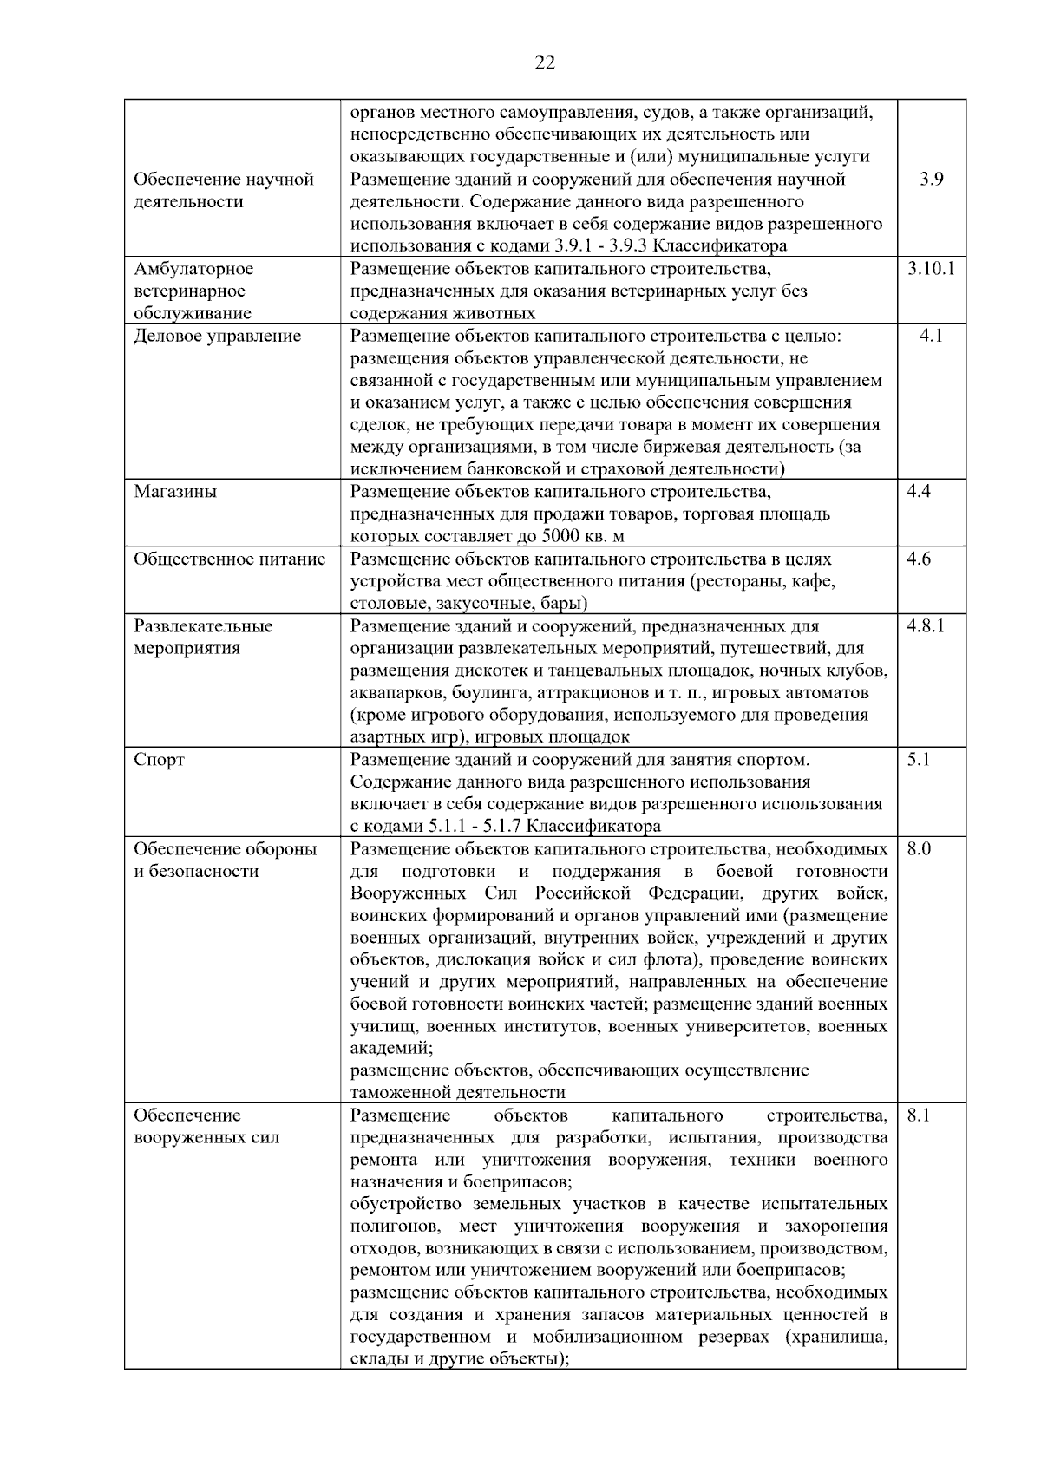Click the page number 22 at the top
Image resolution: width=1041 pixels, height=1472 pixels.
(545, 62)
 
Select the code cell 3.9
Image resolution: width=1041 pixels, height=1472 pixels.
(931, 180)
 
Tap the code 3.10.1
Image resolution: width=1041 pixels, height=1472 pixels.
(931, 269)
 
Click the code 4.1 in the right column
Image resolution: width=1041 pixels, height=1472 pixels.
(931, 336)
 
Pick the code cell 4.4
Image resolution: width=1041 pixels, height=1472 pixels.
(919, 492)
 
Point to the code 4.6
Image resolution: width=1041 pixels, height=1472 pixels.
(919, 559)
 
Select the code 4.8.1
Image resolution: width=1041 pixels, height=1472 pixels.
(925, 625)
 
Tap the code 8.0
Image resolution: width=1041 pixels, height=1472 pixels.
(919, 849)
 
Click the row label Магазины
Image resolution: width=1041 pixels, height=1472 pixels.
(175, 492)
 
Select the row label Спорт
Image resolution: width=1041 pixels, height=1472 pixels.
(159, 761)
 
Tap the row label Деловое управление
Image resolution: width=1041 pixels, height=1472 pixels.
(217, 336)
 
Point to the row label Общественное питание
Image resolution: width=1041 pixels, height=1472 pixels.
(229, 559)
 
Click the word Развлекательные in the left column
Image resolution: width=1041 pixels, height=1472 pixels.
(203, 626)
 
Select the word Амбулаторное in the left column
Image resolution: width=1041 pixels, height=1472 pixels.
(193, 269)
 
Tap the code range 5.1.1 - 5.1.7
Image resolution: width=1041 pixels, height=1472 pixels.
(475, 827)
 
